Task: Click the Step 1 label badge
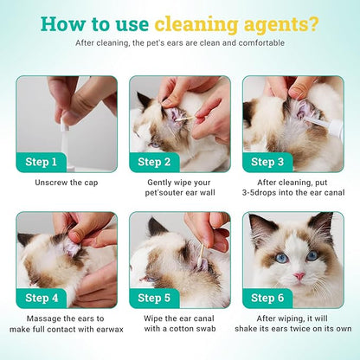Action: (42, 162)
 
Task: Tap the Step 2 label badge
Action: (154, 162)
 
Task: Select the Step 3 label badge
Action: (267, 162)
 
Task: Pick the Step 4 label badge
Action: (42, 299)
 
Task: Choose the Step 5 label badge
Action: (154, 299)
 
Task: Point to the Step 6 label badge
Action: (267, 299)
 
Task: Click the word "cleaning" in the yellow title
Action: (196, 25)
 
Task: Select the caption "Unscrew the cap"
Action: (67, 183)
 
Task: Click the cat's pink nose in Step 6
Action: (299, 276)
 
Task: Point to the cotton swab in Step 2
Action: (185, 119)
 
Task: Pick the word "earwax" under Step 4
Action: (110, 329)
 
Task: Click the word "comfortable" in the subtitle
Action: (261, 43)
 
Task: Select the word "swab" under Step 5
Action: (206, 329)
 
